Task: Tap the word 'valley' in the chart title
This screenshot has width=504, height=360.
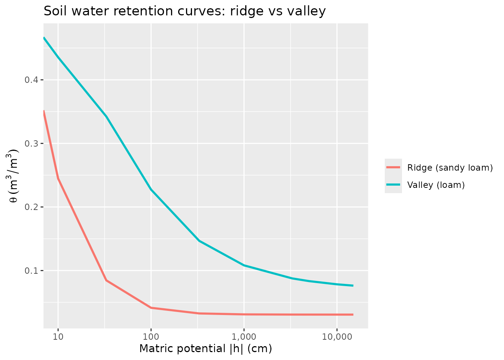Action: click(306, 11)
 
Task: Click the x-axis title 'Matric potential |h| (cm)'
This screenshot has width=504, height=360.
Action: click(205, 349)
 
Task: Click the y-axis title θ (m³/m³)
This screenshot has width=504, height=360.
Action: click(14, 176)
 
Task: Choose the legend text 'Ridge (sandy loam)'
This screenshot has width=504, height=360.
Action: click(450, 168)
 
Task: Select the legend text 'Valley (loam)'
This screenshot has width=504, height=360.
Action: click(436, 185)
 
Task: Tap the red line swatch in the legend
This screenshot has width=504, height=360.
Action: click(393, 167)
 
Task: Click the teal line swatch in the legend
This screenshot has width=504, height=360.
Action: click(393, 184)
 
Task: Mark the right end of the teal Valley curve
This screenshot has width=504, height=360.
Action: click(353, 286)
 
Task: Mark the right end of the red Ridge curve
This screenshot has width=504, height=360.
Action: click(353, 315)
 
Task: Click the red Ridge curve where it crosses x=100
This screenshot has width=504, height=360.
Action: click(151, 307)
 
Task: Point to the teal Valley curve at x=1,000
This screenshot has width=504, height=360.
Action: click(244, 265)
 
